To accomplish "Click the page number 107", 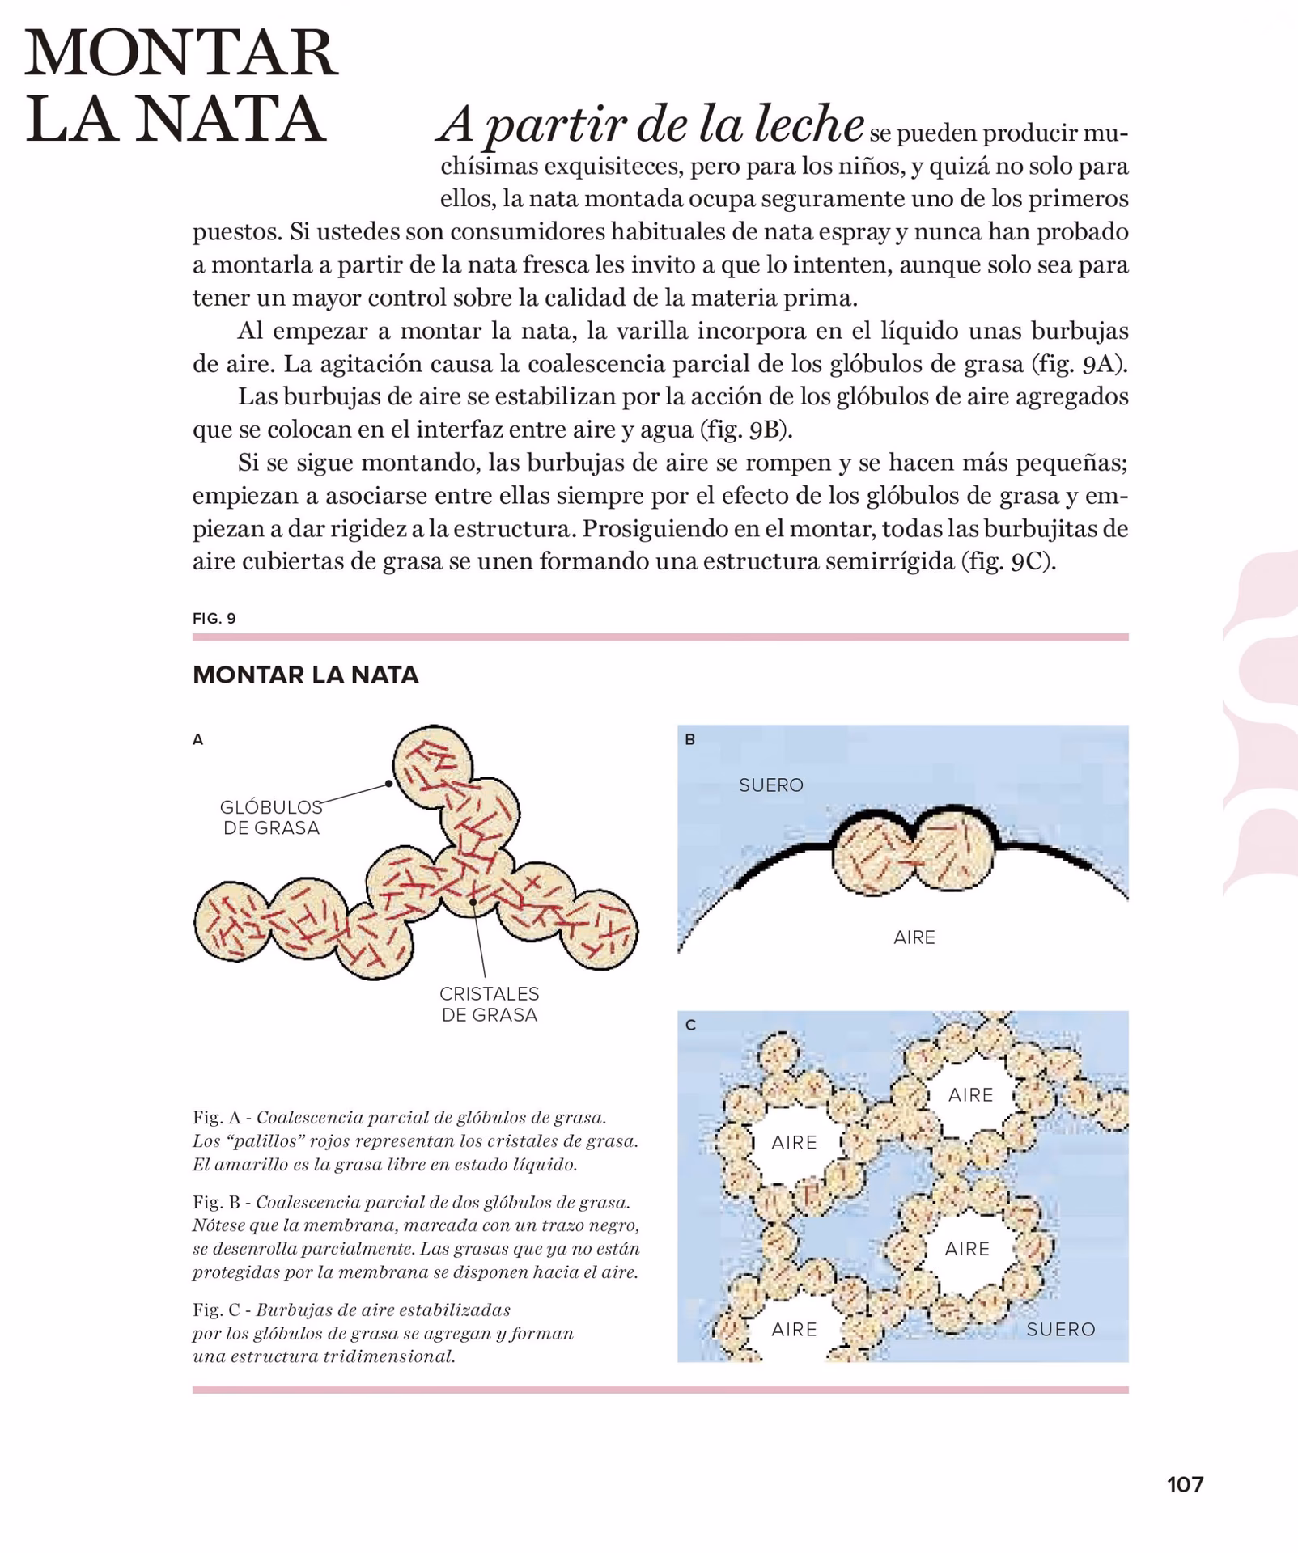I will (1185, 1484).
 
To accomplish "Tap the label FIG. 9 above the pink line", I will (214, 619).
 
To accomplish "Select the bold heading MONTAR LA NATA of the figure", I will (305, 675).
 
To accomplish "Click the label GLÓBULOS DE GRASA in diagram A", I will (271, 817).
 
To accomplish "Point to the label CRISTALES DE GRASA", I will (489, 1004).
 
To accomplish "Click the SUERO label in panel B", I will (770, 785).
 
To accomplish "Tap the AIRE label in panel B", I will (914, 937).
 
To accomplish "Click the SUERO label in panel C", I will (1060, 1329).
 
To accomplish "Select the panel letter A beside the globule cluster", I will (197, 739).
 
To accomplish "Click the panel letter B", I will (689, 739).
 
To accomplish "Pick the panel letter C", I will (690, 1026).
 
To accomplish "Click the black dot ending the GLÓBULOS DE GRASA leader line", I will (389, 783).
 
